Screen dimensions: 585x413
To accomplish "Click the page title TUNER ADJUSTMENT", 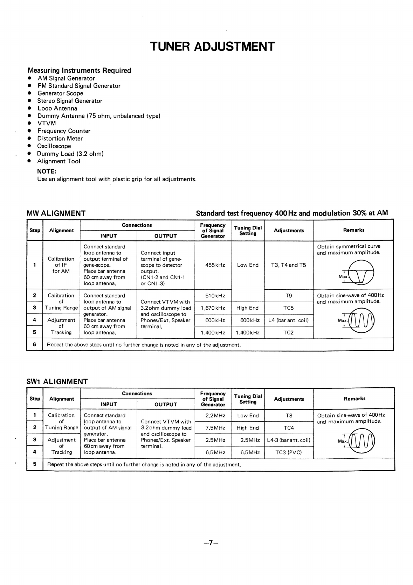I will pyautogui.click(x=212, y=47).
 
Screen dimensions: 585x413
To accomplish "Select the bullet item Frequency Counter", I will pyautogui.click(x=64, y=131).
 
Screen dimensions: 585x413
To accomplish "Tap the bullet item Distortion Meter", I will pyautogui.click(x=60, y=139).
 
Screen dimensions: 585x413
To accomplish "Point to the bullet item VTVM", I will pyautogui.click(x=47, y=123).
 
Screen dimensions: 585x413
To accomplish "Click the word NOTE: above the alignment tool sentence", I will pyautogui.click(x=47, y=171).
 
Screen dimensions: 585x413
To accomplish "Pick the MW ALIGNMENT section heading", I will pyautogui.click(x=56, y=213).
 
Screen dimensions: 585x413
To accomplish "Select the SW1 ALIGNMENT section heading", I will pyautogui.click(x=57, y=382).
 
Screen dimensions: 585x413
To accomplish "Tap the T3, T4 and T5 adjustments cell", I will pyautogui.click(x=289, y=265).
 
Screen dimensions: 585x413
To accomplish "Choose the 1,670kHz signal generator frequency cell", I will pyautogui.click(x=213, y=308).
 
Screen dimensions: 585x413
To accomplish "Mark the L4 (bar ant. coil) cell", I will pyautogui.click(x=289, y=320).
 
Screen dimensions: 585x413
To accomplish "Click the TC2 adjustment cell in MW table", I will pyautogui.click(x=289, y=333).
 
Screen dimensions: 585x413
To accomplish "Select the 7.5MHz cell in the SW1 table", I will pyautogui.click(x=215, y=428).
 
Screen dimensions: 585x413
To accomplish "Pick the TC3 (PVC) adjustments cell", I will pyautogui.click(x=289, y=452).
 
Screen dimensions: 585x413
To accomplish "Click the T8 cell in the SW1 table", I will pyautogui.click(x=289, y=416).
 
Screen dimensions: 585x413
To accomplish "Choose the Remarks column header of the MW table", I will pyautogui.click(x=354, y=230).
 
